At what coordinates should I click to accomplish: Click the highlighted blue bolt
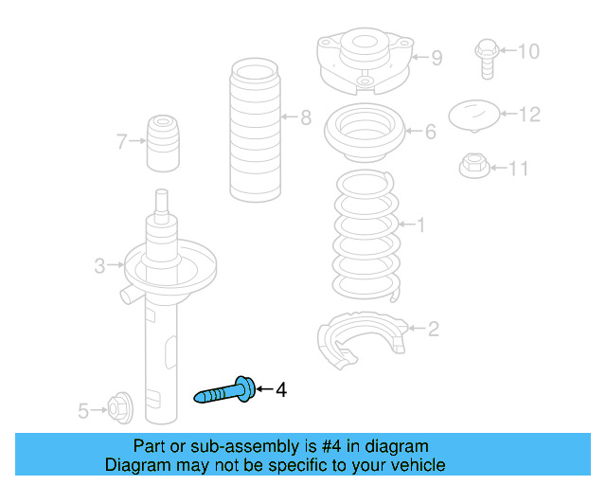pyautogui.click(x=225, y=391)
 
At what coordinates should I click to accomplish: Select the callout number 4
pyautogui.click(x=281, y=390)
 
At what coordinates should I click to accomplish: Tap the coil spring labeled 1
pyautogui.click(x=365, y=236)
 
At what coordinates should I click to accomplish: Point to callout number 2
pyautogui.click(x=434, y=329)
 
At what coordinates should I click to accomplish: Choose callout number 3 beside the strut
pyautogui.click(x=99, y=265)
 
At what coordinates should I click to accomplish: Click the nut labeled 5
pyautogui.click(x=120, y=407)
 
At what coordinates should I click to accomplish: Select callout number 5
pyautogui.click(x=83, y=411)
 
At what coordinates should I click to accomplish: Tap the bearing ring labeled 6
pyautogui.click(x=365, y=133)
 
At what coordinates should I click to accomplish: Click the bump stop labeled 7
pyautogui.click(x=163, y=143)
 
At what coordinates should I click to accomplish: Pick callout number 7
pyautogui.click(x=122, y=141)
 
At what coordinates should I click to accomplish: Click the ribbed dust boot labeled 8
pyautogui.click(x=255, y=130)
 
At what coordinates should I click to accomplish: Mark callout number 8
pyautogui.click(x=306, y=117)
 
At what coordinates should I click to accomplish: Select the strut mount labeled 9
pyautogui.click(x=365, y=61)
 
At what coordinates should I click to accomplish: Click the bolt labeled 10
pyautogui.click(x=487, y=59)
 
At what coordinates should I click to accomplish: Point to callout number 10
pyautogui.click(x=528, y=51)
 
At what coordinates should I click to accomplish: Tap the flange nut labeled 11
pyautogui.click(x=474, y=166)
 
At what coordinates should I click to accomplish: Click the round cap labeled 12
pyautogui.click(x=473, y=116)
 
